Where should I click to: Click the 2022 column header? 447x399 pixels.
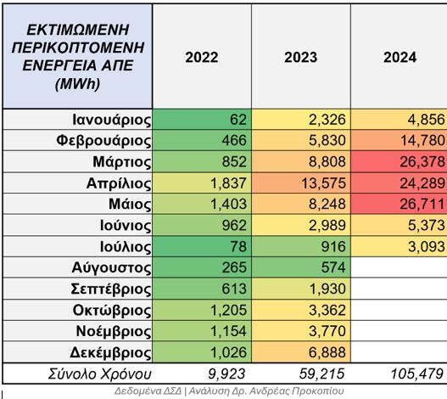202,57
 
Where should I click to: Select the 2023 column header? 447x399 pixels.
301,57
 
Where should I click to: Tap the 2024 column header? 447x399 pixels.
400,57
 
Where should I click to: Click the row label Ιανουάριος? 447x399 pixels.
112,120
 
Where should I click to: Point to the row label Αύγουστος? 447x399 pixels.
111,267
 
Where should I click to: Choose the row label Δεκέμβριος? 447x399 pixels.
110,353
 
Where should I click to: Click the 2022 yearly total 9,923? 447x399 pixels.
226,374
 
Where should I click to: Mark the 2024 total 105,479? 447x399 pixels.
416,374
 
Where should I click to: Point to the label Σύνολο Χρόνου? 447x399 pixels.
99,374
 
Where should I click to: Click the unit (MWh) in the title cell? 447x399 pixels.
77,84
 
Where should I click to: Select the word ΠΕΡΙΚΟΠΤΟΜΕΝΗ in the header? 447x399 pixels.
78,48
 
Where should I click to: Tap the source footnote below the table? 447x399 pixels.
229,391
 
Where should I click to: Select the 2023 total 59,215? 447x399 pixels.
321,374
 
